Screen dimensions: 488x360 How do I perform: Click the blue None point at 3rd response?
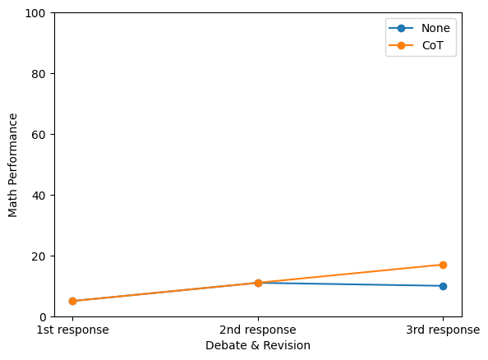443,286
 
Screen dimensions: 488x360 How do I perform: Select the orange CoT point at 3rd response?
443,265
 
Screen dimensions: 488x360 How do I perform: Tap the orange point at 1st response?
72,301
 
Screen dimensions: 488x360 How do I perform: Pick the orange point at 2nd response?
258,283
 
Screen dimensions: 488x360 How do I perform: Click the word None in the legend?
435,28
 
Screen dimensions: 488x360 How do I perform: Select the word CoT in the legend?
432,46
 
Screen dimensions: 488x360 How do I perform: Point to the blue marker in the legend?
401,28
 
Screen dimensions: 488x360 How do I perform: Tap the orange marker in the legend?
401,46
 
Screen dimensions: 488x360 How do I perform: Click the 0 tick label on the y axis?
43,317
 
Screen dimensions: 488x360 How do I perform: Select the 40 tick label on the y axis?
39,196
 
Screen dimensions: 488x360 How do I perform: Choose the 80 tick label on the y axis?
39,74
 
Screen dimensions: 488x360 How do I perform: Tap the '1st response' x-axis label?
72,330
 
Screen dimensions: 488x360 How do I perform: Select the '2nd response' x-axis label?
258,330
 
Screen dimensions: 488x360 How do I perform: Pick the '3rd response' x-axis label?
443,330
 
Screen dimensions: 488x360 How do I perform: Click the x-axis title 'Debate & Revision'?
258,345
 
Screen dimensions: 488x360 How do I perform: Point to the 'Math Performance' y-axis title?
12,165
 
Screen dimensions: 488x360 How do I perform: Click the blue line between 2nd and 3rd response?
351,284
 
